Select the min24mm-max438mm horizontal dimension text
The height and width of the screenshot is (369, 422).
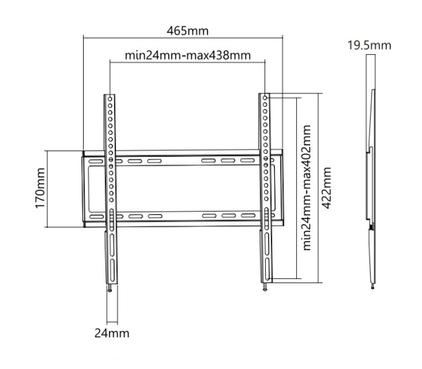tap(188, 55)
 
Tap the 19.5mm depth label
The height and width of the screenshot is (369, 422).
tap(369, 46)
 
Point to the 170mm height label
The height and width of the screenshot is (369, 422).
tap(40, 188)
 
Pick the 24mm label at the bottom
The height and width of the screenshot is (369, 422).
tap(112, 332)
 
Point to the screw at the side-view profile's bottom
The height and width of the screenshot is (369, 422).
tap(371, 285)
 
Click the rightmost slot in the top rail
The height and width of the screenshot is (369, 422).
tap(245, 161)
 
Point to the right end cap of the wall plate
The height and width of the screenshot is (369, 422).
tap(280, 188)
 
